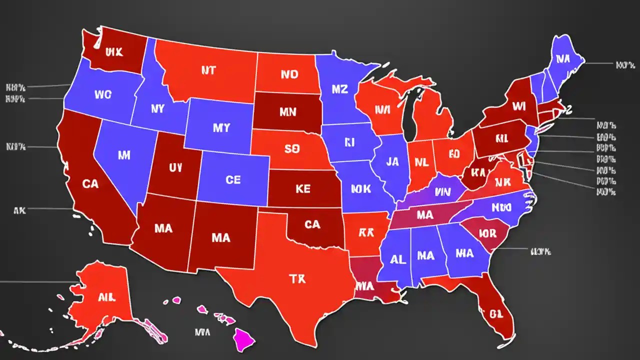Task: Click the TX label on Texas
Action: pyautogui.click(x=297, y=279)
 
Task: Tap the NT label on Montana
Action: pyautogui.click(x=208, y=70)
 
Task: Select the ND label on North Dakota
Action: pyautogui.click(x=289, y=74)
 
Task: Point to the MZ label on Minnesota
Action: pyautogui.click(x=339, y=89)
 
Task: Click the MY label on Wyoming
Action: pyautogui.click(x=221, y=128)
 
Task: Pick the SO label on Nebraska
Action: pyautogui.click(x=291, y=148)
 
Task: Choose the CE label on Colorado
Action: pyautogui.click(x=233, y=180)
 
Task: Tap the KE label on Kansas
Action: pyautogui.click(x=302, y=188)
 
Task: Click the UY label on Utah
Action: pyautogui.click(x=175, y=168)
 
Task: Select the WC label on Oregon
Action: pyautogui.click(x=102, y=93)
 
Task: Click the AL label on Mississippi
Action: pyautogui.click(x=397, y=259)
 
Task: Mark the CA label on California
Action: pyautogui.click(x=90, y=184)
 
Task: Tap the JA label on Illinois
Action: pyautogui.click(x=392, y=161)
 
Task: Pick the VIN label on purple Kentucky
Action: pyautogui.click(x=442, y=191)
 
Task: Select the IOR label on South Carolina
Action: pyautogui.click(x=486, y=233)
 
